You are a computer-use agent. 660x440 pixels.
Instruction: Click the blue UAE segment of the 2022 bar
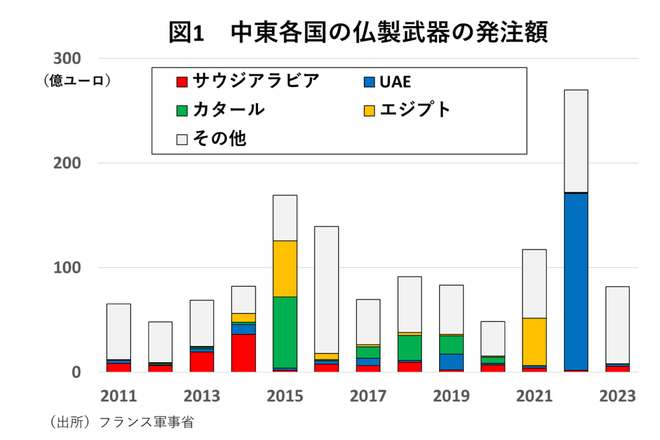pyautogui.click(x=576, y=282)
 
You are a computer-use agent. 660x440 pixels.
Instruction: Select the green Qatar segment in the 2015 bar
pyautogui.click(x=285, y=332)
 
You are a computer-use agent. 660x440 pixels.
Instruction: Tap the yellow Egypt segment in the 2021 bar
pyautogui.click(x=534, y=341)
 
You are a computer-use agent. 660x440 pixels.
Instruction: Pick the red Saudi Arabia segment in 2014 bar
pyautogui.click(x=243, y=353)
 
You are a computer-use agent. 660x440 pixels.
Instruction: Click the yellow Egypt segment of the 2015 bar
pyautogui.click(x=285, y=268)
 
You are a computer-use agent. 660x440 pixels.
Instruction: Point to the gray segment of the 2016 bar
pyautogui.click(x=326, y=290)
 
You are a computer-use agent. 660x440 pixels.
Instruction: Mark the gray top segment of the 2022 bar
pyautogui.click(x=576, y=141)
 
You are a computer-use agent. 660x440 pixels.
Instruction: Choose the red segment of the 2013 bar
pyautogui.click(x=202, y=362)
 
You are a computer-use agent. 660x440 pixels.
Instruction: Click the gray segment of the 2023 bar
pyautogui.click(x=617, y=325)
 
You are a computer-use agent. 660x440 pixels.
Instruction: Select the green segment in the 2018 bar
pyautogui.click(x=410, y=348)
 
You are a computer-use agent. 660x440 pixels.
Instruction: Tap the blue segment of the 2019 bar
pyautogui.click(x=451, y=362)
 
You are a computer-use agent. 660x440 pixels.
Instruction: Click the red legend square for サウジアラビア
pyautogui.click(x=182, y=82)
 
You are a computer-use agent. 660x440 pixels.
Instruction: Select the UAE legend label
pyautogui.click(x=395, y=82)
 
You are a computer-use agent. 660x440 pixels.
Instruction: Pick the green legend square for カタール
pyautogui.click(x=182, y=110)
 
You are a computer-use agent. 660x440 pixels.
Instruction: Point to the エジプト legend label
pyautogui.click(x=415, y=110)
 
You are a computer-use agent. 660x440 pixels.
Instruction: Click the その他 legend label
pyautogui.click(x=220, y=139)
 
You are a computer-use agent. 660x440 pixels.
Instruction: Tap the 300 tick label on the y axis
pyautogui.click(x=67, y=59)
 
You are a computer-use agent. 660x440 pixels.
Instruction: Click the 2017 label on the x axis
pyautogui.click(x=368, y=396)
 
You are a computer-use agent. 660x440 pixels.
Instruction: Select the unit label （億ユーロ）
pyautogui.click(x=77, y=81)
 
